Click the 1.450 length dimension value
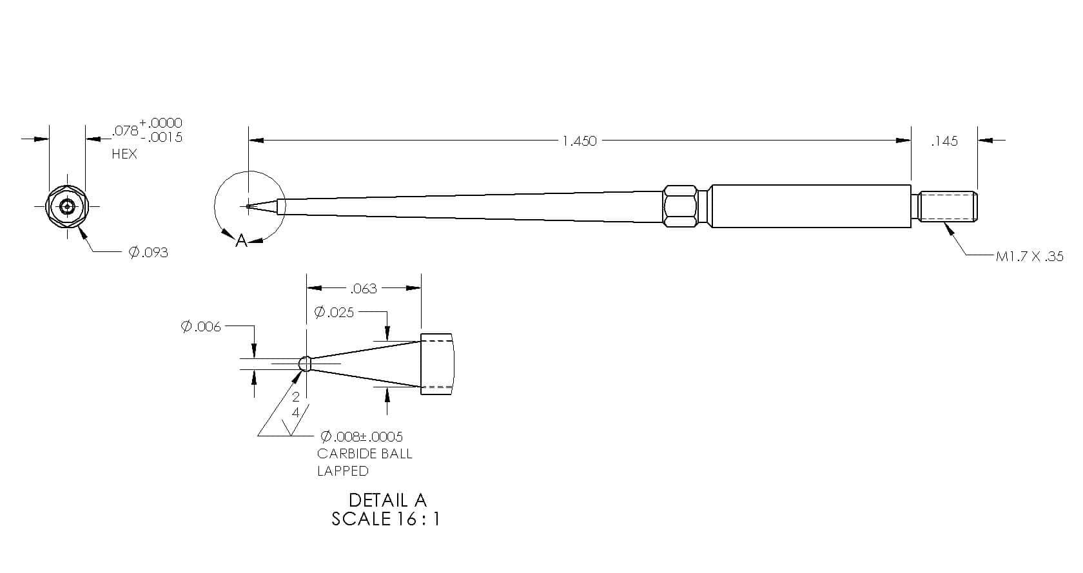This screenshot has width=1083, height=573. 579,141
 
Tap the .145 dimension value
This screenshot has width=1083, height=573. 944,141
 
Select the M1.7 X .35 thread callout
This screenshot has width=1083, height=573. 1029,257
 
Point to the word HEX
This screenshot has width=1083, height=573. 124,154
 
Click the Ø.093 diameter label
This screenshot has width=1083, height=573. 148,253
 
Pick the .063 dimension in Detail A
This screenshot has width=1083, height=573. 364,289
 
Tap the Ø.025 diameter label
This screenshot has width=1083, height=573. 334,313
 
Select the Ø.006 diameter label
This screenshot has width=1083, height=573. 200,327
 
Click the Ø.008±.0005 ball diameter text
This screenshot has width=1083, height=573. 362,437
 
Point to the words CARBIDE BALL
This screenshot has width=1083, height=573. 365,454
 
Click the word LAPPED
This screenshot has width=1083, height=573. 343,471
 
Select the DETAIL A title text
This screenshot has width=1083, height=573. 387,500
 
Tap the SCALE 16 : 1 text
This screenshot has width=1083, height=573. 385,519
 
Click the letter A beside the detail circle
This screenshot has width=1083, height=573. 241,240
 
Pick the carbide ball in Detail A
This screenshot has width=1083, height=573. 305,364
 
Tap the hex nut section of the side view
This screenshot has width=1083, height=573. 680,206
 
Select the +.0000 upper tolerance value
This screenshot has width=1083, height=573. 161,123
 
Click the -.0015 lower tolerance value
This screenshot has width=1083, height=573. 162,138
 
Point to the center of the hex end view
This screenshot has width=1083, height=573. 67,206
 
